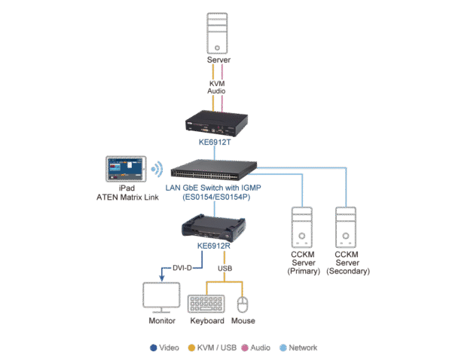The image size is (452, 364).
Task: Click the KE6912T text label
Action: (x=217, y=141)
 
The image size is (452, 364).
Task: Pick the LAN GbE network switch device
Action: (x=215, y=168)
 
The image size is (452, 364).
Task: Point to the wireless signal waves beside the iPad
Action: (x=157, y=168)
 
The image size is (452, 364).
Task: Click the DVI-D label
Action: (x=182, y=268)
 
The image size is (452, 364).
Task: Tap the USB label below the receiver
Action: (x=224, y=268)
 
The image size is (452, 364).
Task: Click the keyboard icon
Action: (x=206, y=304)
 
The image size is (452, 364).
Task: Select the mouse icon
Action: (x=243, y=304)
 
